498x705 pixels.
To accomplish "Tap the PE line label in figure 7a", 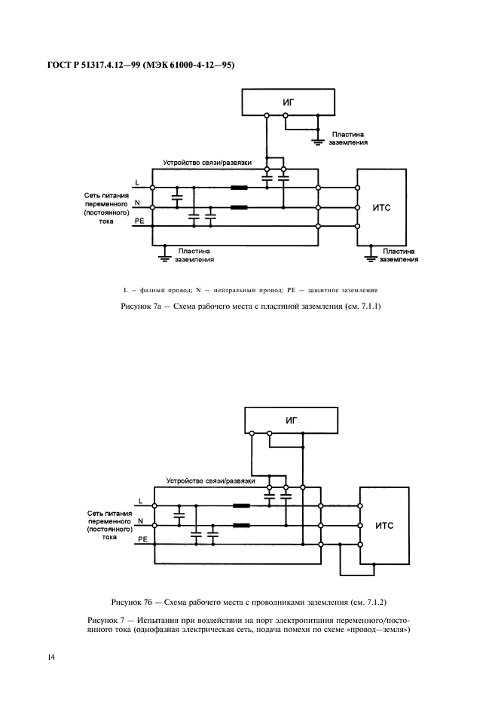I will pyautogui.click(x=139, y=221).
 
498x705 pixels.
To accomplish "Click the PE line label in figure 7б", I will pyautogui.click(x=140, y=540).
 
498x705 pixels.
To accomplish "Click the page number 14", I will pyautogui.click(x=51, y=657).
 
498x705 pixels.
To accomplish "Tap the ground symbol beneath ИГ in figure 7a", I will pyautogui.click(x=317, y=139).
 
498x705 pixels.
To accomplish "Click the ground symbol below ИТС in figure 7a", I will pyautogui.click(x=371, y=258).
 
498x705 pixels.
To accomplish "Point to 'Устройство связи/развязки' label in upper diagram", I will pyautogui.click(x=207, y=163).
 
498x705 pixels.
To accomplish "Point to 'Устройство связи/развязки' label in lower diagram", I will pyautogui.click(x=210, y=481).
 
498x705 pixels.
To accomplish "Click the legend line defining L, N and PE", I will pyautogui.click(x=249, y=290).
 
